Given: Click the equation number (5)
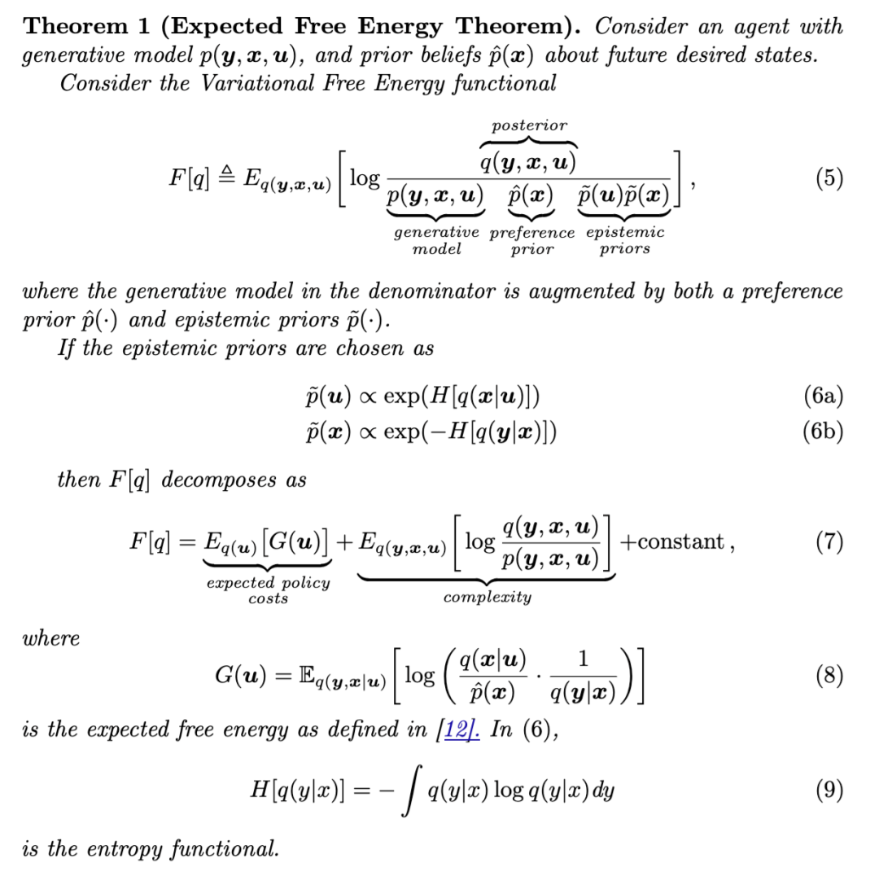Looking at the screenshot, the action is [x=829, y=178].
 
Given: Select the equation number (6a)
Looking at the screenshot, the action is [x=823, y=396].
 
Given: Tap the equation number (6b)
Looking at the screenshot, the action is [x=823, y=431].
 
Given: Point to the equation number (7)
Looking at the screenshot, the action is [x=829, y=541].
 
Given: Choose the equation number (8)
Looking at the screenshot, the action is [x=829, y=675].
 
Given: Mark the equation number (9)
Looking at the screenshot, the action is [x=829, y=790].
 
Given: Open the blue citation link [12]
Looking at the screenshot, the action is [x=459, y=729].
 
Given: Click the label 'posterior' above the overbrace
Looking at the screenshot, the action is [x=529, y=125].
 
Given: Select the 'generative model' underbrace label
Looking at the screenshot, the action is [x=436, y=241].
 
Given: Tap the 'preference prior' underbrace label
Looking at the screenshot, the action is [x=532, y=241].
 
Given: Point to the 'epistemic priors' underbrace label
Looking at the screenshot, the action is [x=625, y=241].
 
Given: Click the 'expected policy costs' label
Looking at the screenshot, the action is [x=269, y=590].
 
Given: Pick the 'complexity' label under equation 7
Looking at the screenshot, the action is [x=487, y=597].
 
